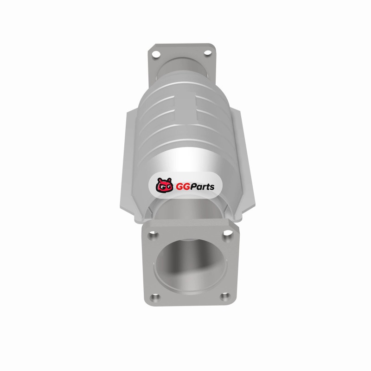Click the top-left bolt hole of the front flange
click(153, 236)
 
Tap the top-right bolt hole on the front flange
click(228, 233)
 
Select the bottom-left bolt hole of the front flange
click(155, 297)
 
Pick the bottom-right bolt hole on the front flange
click(224, 296)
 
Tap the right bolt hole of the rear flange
click(207, 52)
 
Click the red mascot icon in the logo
click(164, 185)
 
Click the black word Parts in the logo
click(202, 187)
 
